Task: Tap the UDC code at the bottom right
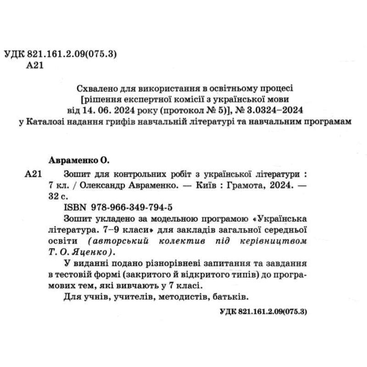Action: click(263, 311)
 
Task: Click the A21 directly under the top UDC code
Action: click(35, 66)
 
